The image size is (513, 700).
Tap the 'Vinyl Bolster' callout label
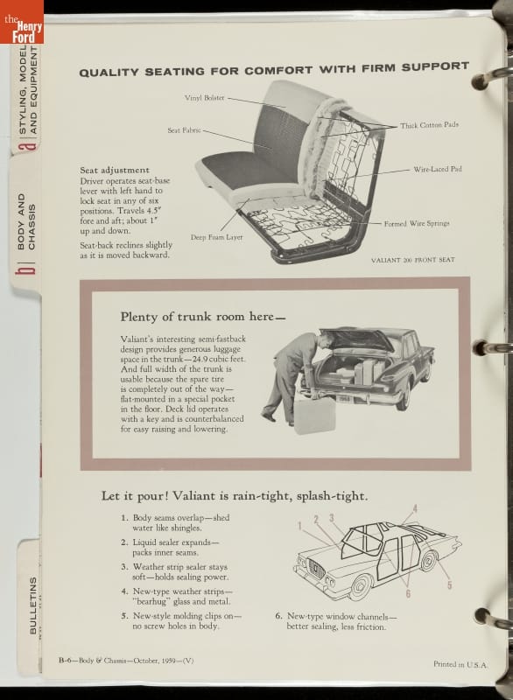click(205, 98)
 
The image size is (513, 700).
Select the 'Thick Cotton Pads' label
click(429, 125)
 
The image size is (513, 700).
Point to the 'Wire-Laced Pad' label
click(438, 169)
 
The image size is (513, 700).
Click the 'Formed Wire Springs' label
click(417, 223)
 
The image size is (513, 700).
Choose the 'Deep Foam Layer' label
click(216, 237)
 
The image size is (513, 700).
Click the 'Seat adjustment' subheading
click(115, 170)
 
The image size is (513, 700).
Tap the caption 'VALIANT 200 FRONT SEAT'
click(413, 259)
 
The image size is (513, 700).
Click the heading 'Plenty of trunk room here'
click(203, 317)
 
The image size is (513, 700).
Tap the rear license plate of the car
click(344, 398)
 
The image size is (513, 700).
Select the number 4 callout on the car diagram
click(415, 508)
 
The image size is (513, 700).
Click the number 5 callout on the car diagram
click(450, 584)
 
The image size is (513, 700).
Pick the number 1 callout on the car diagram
click(300, 526)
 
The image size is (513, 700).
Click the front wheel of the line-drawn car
click(361, 586)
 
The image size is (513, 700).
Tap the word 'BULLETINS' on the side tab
click(33, 605)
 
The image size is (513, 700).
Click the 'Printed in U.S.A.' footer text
click(460, 664)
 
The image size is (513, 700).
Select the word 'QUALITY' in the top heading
click(109, 72)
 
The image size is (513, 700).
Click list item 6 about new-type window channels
click(336, 621)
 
